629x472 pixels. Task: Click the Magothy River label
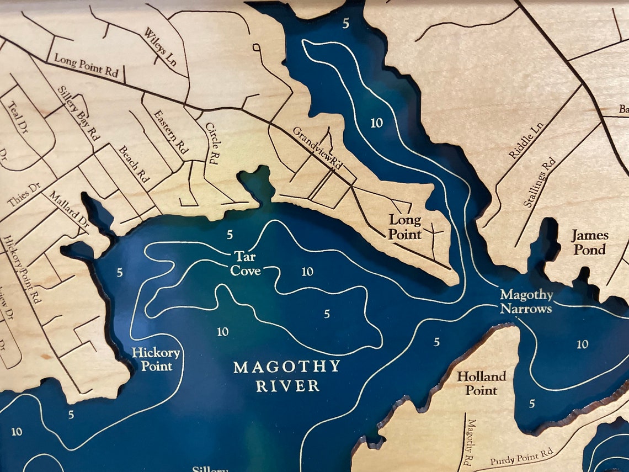click(287, 376)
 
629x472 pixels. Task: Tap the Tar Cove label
click(246, 264)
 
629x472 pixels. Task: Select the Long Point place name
click(404, 227)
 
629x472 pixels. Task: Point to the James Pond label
click(589, 242)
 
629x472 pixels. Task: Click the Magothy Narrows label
click(526, 301)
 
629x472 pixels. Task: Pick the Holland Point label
click(481, 383)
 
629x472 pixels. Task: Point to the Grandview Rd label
click(318, 148)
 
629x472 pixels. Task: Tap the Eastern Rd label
click(171, 132)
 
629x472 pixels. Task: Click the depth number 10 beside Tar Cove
click(307, 272)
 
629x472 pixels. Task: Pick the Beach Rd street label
click(134, 165)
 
